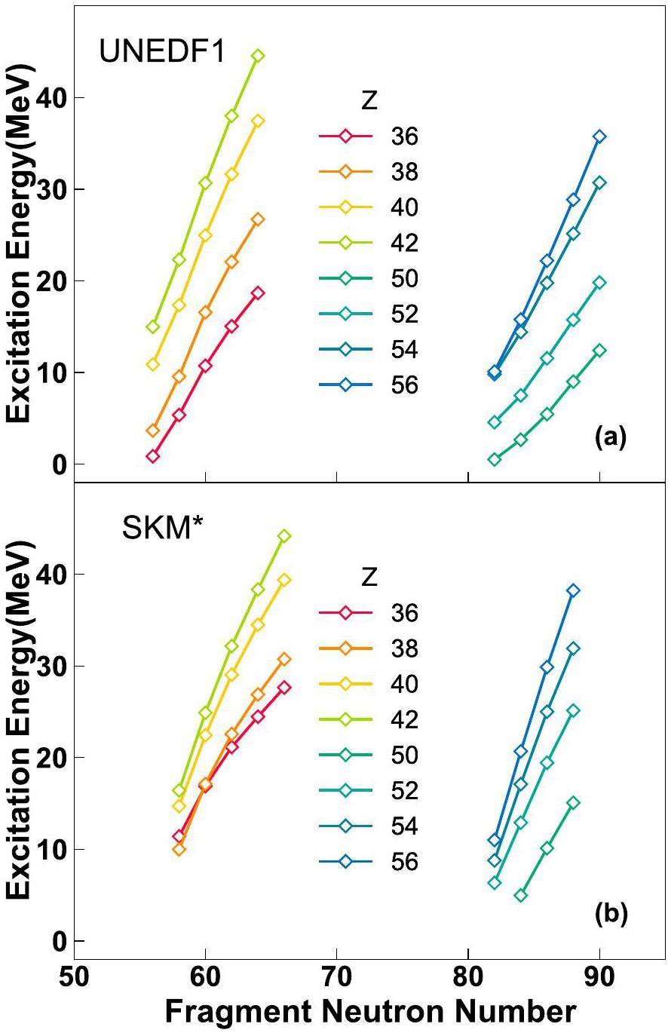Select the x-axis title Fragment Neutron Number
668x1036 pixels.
click(x=370, y=1012)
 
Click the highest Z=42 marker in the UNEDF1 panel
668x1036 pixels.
click(x=258, y=56)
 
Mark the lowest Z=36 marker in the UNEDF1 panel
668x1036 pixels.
click(x=153, y=456)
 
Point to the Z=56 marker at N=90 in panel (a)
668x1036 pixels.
click(x=599, y=136)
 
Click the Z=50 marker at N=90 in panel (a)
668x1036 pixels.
click(x=599, y=350)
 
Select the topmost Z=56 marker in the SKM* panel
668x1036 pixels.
click(x=573, y=590)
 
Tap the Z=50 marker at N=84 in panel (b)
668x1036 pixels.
click(x=520, y=896)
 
